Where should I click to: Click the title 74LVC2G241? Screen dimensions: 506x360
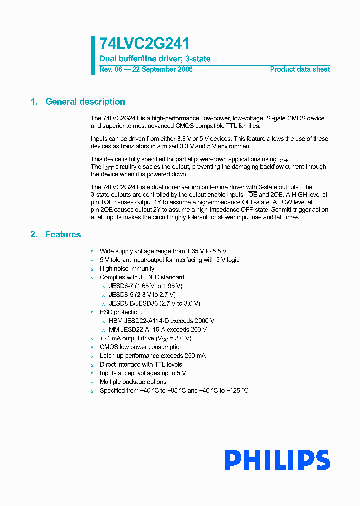point(144,44)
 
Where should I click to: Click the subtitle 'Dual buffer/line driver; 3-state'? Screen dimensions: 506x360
point(155,59)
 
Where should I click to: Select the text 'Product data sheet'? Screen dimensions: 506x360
point(300,69)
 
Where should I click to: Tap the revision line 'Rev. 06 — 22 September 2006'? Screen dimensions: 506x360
point(146,69)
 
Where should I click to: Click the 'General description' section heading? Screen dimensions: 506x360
point(85,102)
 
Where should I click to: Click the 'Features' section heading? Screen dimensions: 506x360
point(63,234)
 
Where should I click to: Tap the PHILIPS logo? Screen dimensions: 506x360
point(277,460)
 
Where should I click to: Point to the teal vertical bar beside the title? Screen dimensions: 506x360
point(93,55)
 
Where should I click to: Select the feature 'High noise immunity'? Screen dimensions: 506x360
point(127,268)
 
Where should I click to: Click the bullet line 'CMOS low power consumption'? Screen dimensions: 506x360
point(141,347)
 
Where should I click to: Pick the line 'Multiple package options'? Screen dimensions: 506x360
point(133,382)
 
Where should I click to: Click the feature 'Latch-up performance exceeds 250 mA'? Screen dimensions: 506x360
point(152,356)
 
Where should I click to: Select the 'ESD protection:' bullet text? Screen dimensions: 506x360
point(120,312)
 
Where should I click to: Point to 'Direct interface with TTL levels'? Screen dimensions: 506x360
point(141,364)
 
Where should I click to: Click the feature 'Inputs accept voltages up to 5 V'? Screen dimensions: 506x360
point(143,373)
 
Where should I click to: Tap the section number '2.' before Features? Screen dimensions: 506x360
point(34,234)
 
